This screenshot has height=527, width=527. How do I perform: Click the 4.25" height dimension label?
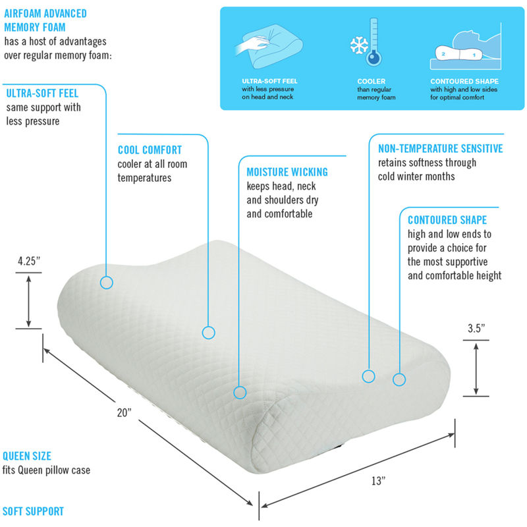pos(29,261)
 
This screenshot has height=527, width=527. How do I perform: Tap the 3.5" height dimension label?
pos(476,328)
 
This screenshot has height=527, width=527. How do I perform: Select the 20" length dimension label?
pos(124,412)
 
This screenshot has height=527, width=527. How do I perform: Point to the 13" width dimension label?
pos(378,481)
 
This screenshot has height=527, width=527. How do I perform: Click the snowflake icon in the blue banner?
pos(359,45)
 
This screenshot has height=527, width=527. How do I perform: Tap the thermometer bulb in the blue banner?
pos(374,58)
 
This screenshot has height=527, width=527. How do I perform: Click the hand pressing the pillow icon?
pos(252,45)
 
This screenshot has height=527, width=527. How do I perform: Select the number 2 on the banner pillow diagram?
pos(443,54)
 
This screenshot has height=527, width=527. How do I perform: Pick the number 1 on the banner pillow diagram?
pos(474,55)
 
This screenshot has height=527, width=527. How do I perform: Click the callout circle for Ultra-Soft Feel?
pos(107,283)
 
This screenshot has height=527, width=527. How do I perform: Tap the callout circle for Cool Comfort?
pos(209,333)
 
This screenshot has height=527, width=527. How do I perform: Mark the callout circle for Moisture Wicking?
pos(240,392)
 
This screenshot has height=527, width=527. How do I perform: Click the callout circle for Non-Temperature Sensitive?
pos(369,376)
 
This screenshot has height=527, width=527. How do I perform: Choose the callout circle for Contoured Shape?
pos(399,380)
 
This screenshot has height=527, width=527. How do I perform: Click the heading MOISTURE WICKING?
pos(287,172)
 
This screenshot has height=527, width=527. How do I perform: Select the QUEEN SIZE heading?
pos(27,456)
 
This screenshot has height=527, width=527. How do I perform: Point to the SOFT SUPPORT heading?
pos(33,512)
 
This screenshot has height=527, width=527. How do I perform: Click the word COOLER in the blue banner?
pos(372,81)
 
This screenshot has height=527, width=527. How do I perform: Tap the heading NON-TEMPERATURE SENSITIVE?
pos(440,149)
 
